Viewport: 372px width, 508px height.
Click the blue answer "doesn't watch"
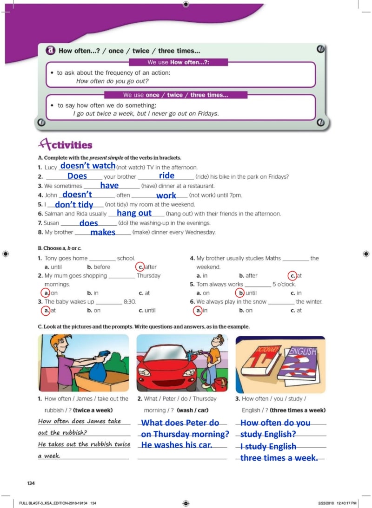pos(88,165)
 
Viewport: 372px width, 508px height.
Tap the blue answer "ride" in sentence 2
pos(166,175)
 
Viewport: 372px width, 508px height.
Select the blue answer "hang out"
pos(134,213)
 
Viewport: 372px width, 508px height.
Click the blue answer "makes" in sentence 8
pos(103,232)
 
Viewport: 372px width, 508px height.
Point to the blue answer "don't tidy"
pos(74,204)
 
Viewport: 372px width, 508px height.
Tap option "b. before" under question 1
pos(99,267)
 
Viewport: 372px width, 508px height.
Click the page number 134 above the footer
pos(31,483)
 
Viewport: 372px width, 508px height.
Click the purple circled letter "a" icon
pos(50,51)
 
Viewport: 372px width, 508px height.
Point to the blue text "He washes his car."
pos(177,445)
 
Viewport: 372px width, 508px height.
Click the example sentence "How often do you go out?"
pos(112,81)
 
